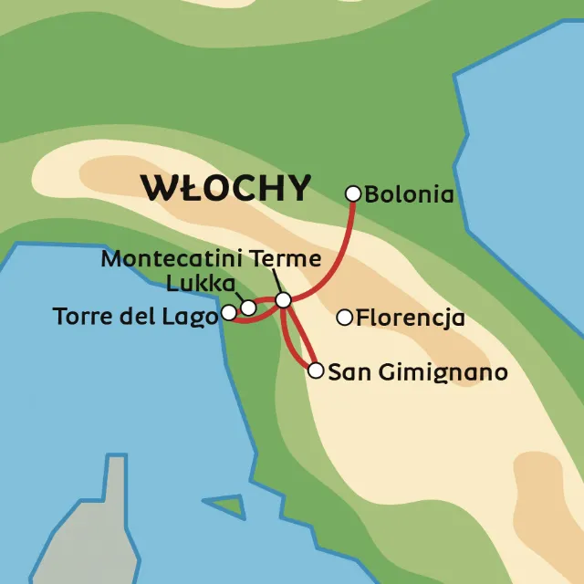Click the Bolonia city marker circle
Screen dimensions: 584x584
[354, 193]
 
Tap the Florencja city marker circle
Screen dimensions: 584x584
[345, 318]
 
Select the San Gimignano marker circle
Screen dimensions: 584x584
[316, 370]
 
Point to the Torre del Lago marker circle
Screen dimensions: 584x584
[229, 314]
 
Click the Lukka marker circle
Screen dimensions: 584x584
[248, 308]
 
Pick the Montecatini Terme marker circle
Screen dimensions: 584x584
[283, 299]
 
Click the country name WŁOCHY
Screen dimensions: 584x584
[225, 187]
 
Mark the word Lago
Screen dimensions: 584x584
[192, 317]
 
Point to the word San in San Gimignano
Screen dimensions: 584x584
[345, 372]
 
